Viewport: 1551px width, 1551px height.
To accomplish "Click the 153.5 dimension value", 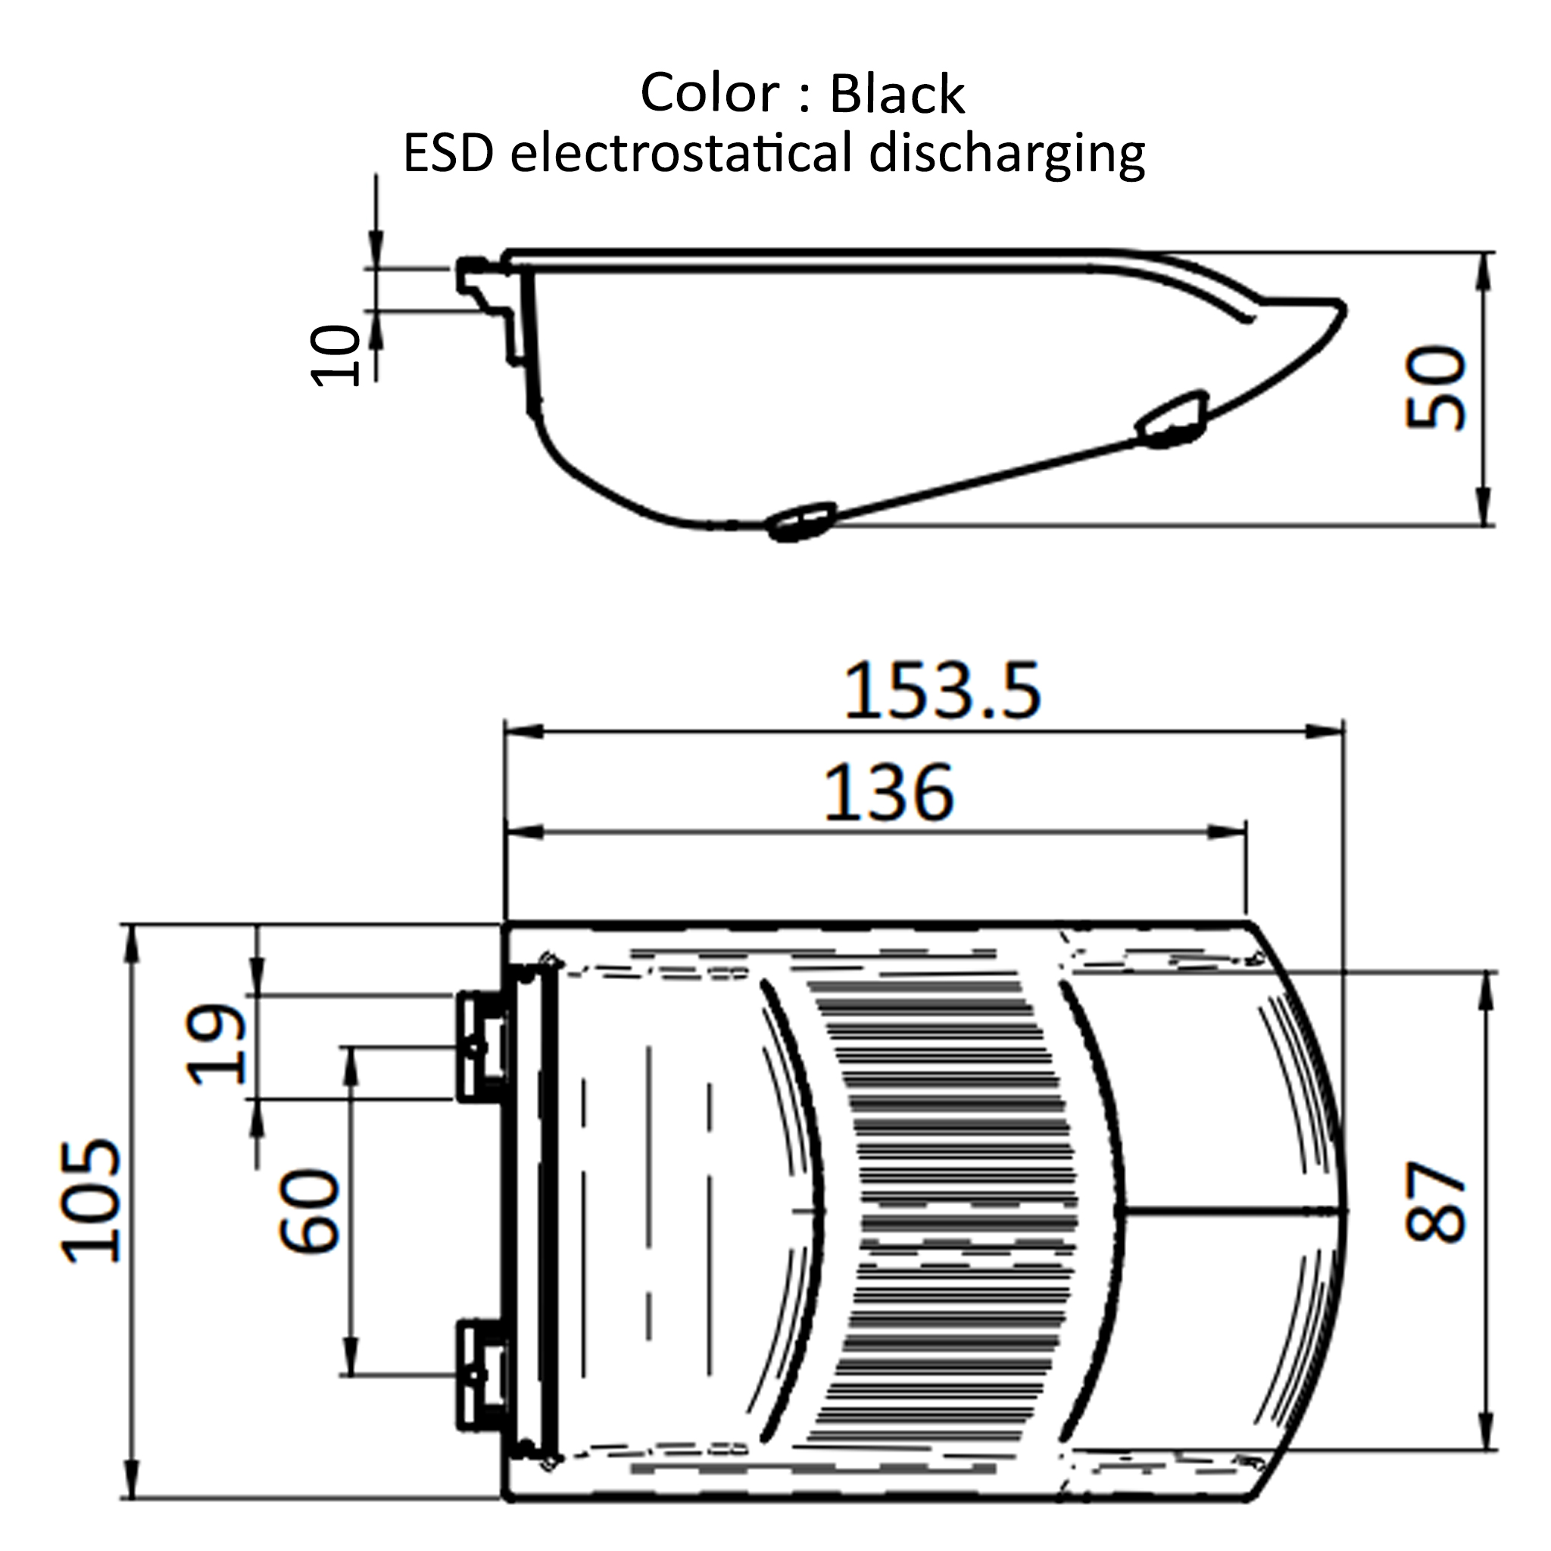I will click(x=941, y=690).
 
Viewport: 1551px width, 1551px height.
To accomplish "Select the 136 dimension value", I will click(x=888, y=793).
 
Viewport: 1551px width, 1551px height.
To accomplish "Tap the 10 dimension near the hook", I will click(x=335, y=356).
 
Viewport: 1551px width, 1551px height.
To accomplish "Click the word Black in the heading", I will click(x=897, y=95).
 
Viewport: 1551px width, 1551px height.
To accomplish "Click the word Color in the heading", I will click(x=710, y=93).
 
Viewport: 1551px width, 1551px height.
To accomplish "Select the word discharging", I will click(x=1006, y=154).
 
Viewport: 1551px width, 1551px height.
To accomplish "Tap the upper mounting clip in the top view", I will click(x=482, y=1046).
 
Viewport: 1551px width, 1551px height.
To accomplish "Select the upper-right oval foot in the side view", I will click(x=1174, y=419).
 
